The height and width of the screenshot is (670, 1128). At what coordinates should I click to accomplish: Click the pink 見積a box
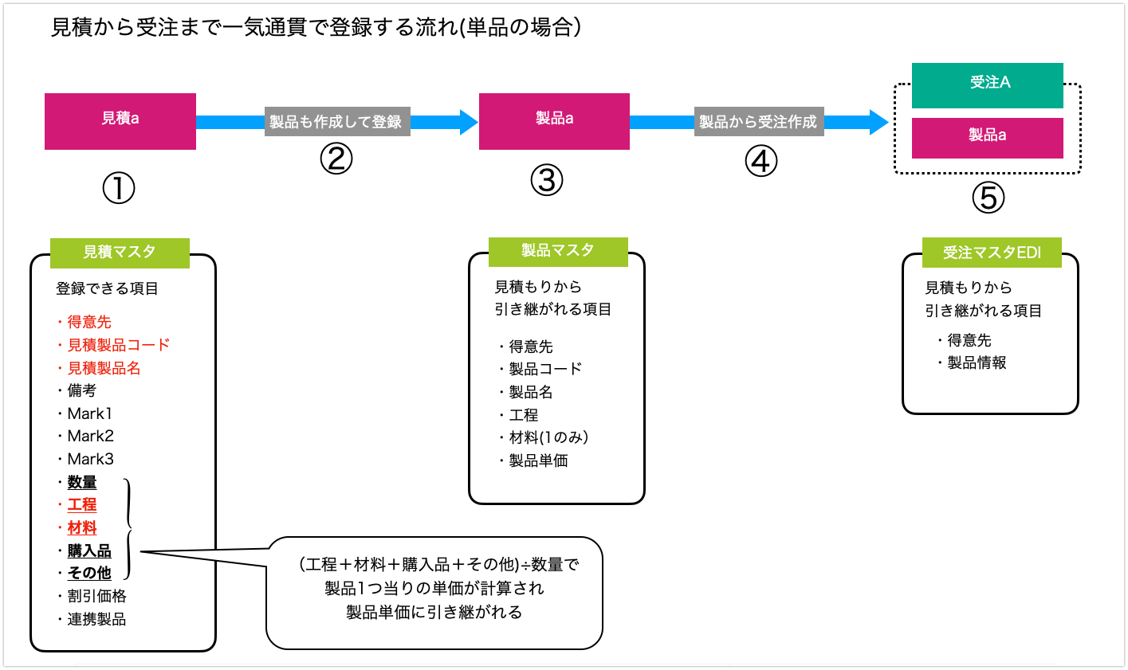click(x=120, y=121)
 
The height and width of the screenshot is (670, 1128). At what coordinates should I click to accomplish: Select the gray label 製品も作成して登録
click(x=336, y=122)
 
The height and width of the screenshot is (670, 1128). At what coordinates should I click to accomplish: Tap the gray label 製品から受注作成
click(x=758, y=122)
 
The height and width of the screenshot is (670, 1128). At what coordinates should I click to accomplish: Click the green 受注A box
click(x=987, y=84)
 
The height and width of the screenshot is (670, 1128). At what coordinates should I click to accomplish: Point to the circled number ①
click(x=119, y=189)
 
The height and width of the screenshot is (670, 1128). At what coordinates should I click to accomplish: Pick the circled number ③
click(x=547, y=180)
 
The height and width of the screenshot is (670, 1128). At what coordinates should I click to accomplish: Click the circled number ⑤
click(x=988, y=198)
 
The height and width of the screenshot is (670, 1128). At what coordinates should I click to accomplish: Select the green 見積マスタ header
click(x=120, y=253)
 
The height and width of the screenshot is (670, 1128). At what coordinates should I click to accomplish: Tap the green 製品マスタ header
click(x=557, y=251)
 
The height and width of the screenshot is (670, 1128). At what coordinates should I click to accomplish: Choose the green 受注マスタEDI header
click(x=991, y=253)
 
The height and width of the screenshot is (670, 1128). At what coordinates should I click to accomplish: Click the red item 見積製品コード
click(x=118, y=345)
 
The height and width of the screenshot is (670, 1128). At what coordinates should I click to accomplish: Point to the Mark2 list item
click(x=90, y=436)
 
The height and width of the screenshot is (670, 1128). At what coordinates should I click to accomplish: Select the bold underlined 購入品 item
click(x=89, y=550)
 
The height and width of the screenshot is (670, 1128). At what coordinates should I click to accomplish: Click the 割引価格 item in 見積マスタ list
click(x=96, y=596)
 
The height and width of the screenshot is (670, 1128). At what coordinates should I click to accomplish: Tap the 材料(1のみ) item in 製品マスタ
click(x=548, y=437)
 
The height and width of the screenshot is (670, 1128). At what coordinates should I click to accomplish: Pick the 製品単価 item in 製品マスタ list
click(x=538, y=460)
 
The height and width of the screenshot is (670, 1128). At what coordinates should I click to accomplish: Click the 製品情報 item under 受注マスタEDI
click(x=977, y=363)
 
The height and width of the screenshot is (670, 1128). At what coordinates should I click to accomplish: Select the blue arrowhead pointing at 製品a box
click(x=468, y=122)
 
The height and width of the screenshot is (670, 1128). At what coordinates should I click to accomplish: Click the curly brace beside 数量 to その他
click(x=128, y=529)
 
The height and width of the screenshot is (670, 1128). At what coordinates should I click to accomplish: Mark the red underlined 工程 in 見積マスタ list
click(x=82, y=504)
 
